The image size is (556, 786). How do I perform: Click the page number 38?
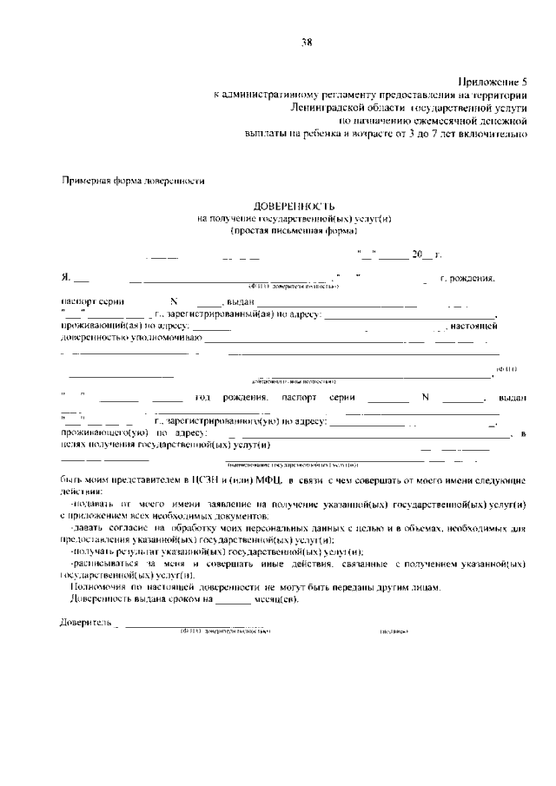[x=307, y=41]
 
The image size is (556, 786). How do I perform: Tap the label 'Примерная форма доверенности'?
[x=132, y=181]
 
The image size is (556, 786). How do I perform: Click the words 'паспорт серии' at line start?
[x=90, y=301]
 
